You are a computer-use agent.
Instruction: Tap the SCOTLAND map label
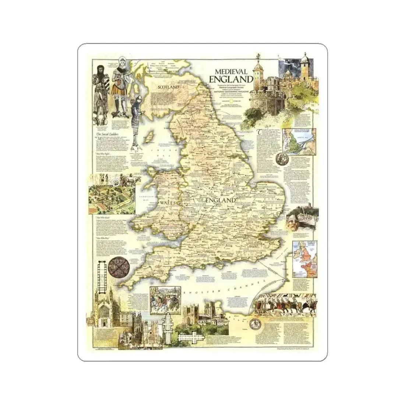[168, 87]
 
